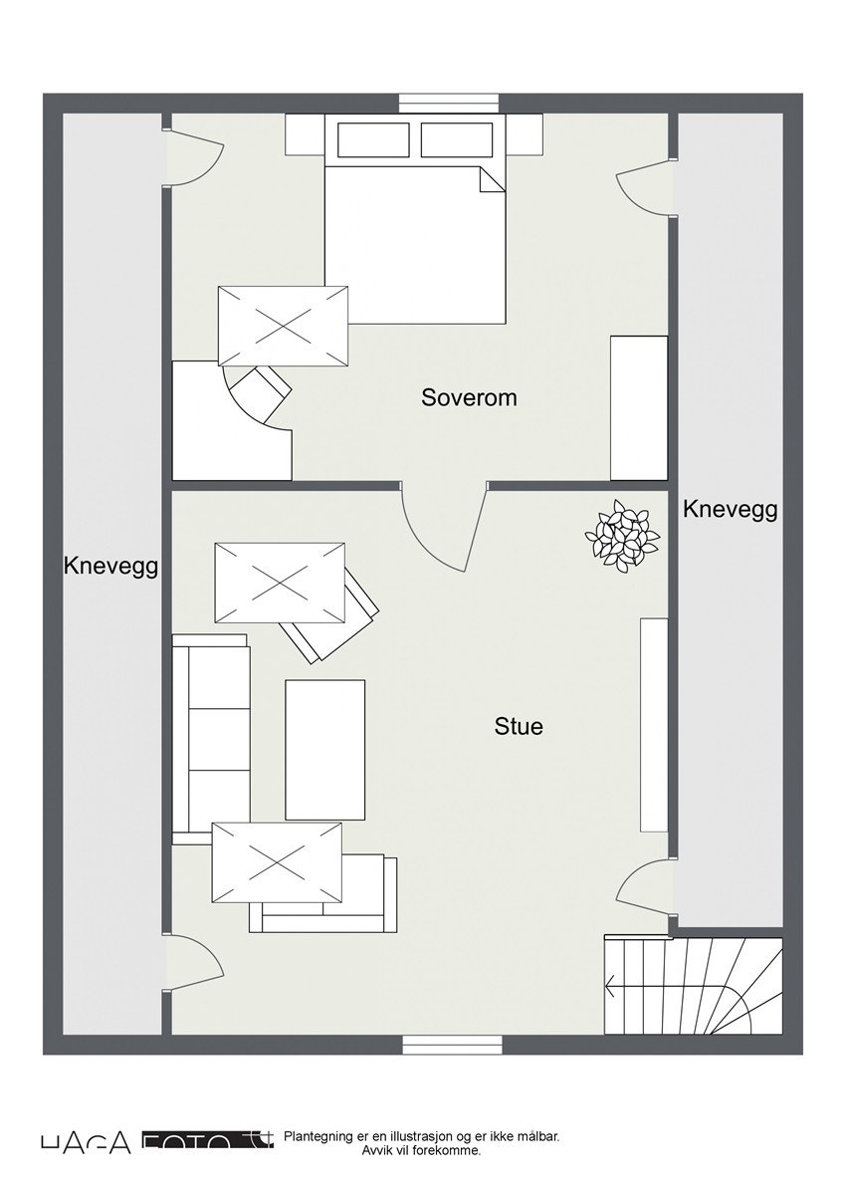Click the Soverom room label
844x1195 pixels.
(x=469, y=397)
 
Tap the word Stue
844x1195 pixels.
(x=519, y=727)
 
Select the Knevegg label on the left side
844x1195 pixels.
(x=111, y=567)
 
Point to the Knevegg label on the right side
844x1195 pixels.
(x=730, y=510)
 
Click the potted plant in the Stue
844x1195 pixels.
(x=622, y=537)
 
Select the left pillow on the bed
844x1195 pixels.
(x=373, y=139)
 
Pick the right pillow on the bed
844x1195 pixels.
(x=457, y=139)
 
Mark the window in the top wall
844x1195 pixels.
(x=448, y=103)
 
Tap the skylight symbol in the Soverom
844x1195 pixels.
(x=284, y=326)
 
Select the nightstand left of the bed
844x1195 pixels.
(x=306, y=134)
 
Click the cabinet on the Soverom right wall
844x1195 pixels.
(x=638, y=407)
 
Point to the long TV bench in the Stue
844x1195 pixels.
(x=654, y=724)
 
